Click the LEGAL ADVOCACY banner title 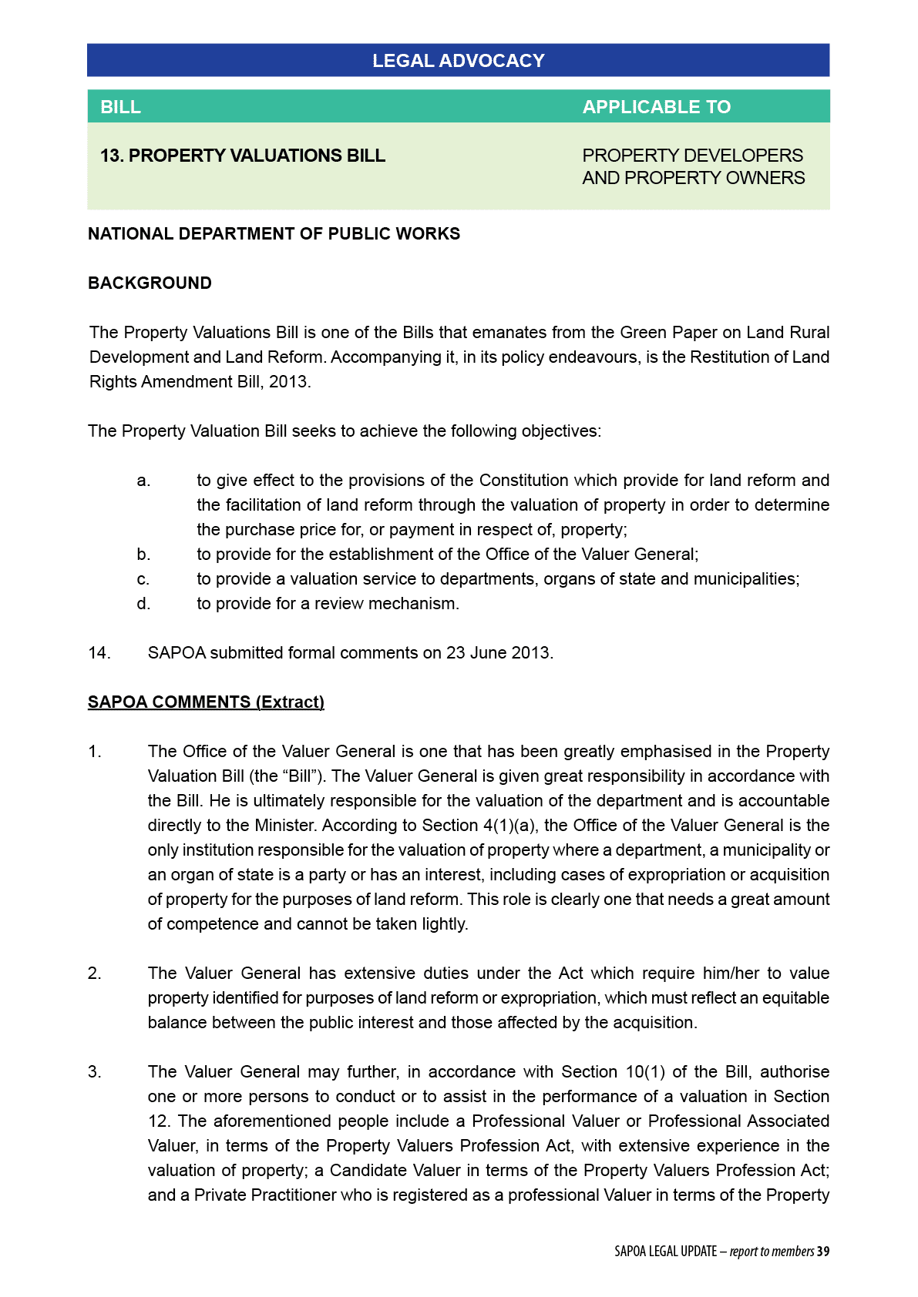pos(458,61)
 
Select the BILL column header pos(121,107)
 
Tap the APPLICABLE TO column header pos(656,107)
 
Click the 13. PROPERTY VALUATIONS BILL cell pos(243,156)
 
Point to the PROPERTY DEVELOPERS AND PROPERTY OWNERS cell pos(693,166)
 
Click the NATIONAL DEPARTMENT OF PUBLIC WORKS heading pos(274,234)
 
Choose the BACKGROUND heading pos(150,283)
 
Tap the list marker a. pos(143,481)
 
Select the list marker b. pos(143,555)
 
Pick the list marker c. pos(143,579)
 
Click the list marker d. pos(143,604)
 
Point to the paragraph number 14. pos(99,653)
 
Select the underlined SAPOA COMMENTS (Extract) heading pos(206,702)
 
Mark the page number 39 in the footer pos(823,1252)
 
